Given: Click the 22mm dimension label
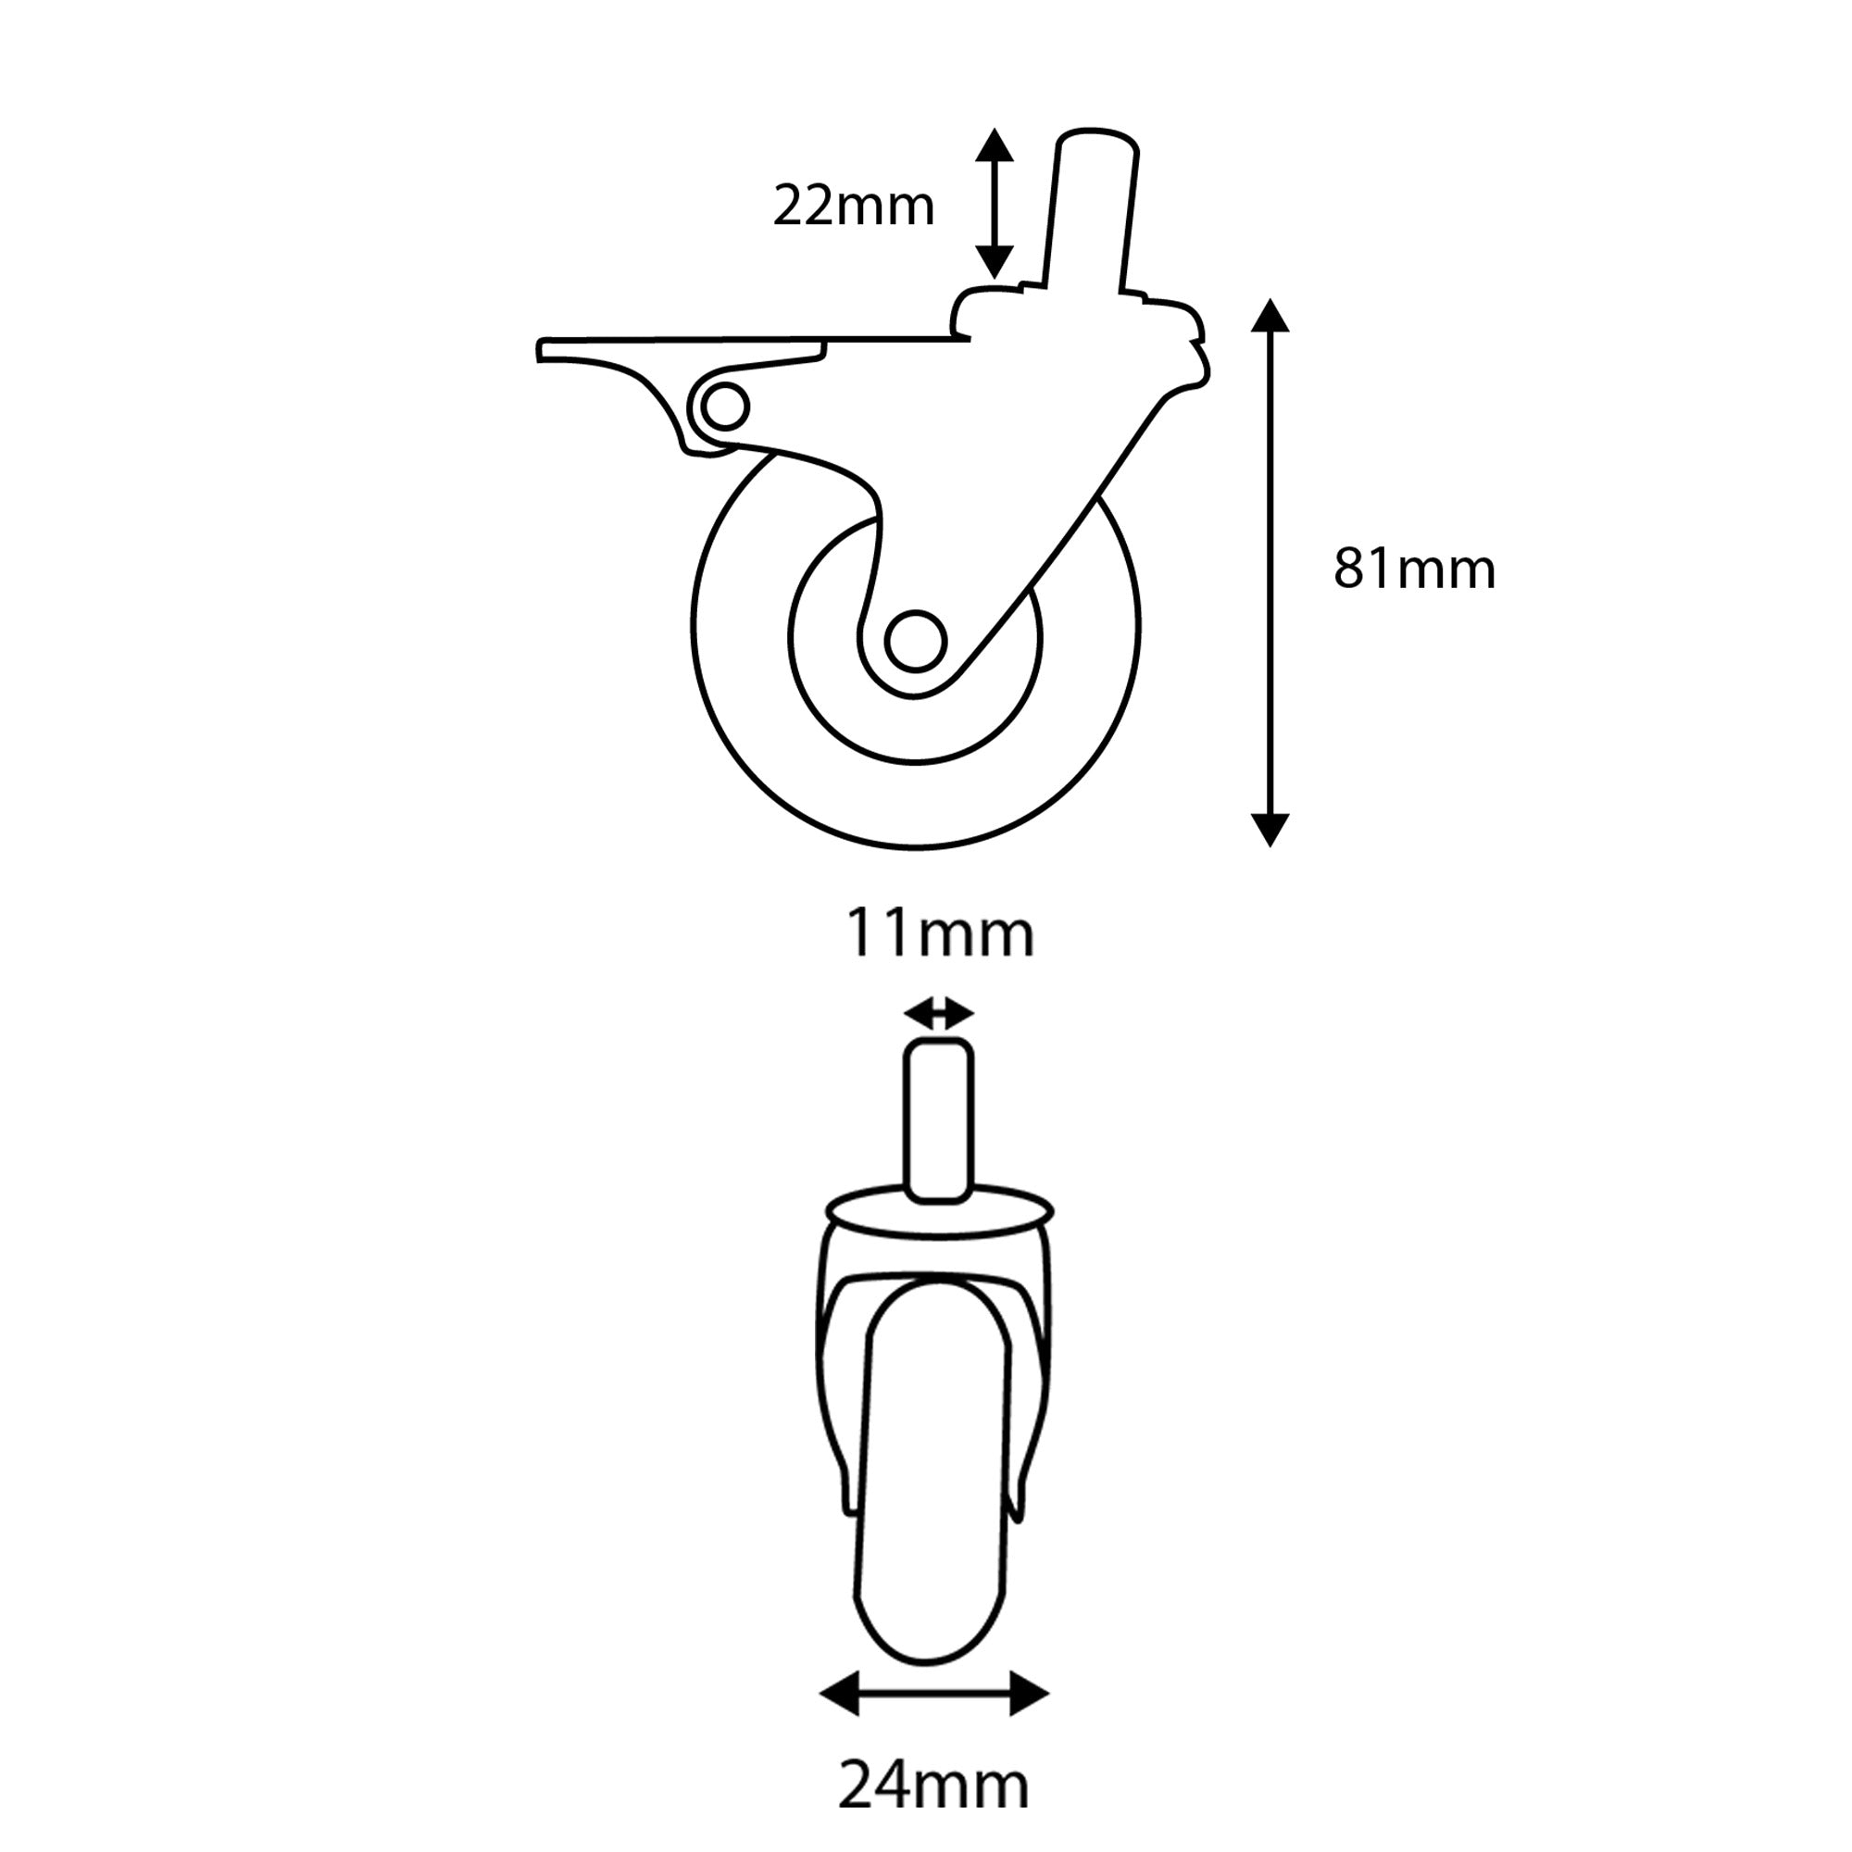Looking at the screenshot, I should [x=853, y=206].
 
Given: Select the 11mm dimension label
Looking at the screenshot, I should [x=938, y=934].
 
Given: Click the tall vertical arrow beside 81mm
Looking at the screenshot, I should [x=1270, y=572].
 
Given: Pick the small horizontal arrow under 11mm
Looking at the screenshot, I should [x=938, y=1012].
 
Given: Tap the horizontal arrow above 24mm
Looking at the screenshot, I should [x=933, y=1694].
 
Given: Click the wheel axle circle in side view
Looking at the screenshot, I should [x=916, y=642].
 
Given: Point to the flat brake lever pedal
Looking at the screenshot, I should [x=671, y=346].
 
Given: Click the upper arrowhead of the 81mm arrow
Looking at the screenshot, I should [x=1270, y=315].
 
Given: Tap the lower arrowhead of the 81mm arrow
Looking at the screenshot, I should [x=1270, y=829].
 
